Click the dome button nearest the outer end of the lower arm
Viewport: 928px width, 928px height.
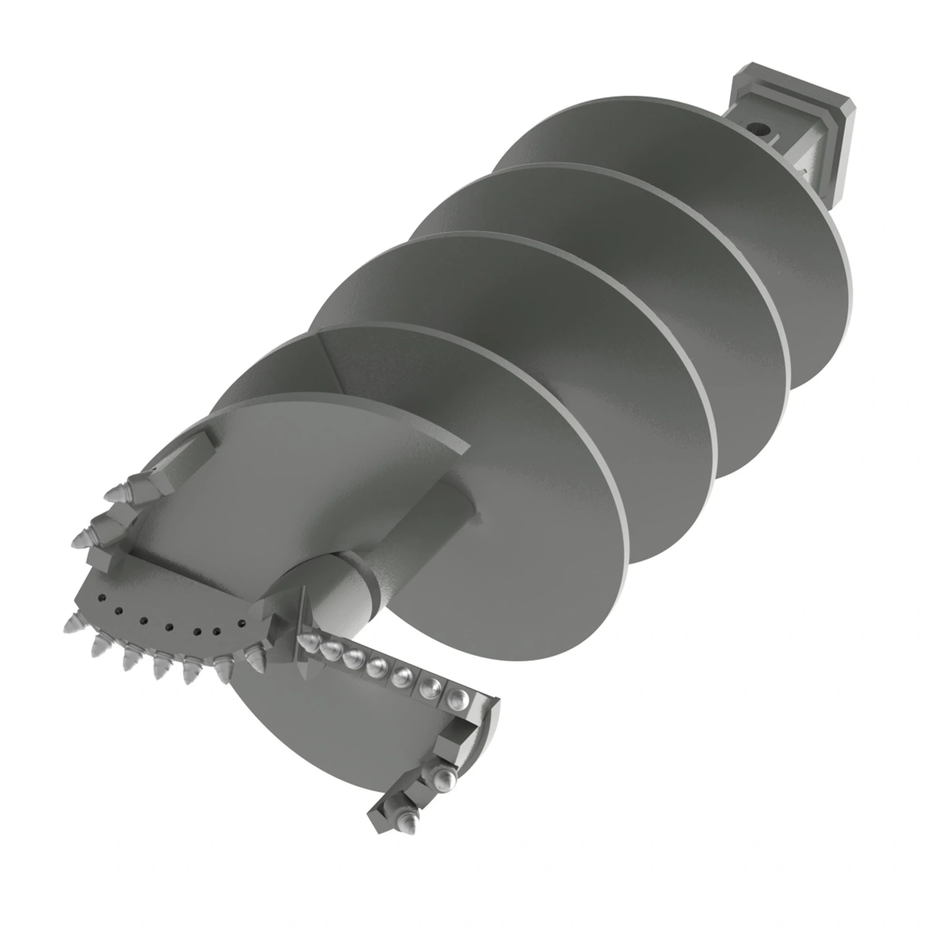click(x=458, y=697)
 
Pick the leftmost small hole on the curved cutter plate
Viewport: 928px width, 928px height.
click(x=101, y=598)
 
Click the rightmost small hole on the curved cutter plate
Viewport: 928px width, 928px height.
click(x=241, y=623)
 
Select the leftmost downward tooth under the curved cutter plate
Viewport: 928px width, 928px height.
click(x=72, y=623)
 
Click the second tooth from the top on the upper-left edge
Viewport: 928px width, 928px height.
click(x=81, y=538)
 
